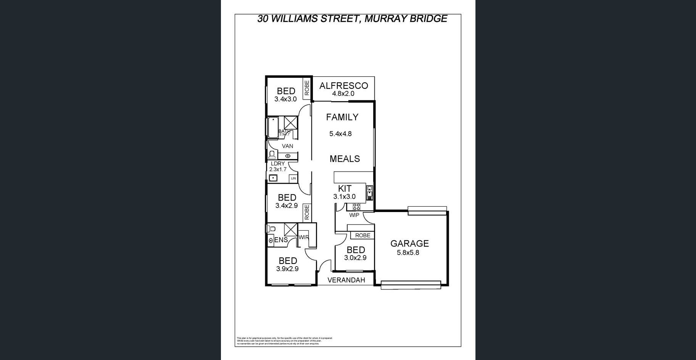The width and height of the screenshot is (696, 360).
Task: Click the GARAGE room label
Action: coord(409,243)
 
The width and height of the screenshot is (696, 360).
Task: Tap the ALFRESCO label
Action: coord(343,86)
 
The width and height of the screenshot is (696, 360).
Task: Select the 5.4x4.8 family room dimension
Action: coord(340,134)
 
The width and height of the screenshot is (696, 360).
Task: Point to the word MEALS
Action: coord(345,159)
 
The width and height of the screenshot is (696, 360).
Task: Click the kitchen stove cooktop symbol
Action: coord(356,207)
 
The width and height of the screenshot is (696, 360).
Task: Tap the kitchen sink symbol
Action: coord(369,193)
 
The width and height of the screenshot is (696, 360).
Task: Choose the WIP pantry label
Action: coord(354,215)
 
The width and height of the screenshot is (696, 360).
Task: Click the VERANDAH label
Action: coord(346,280)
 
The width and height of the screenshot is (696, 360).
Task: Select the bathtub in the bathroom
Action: coord(273,127)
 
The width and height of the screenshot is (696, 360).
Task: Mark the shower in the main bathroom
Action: coord(291,123)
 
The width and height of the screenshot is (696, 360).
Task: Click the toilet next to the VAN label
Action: coord(272,154)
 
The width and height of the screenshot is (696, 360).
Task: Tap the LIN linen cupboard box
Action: coord(293,178)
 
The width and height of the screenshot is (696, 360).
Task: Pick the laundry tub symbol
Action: coord(273,178)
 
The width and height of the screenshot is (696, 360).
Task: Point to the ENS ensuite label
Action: coord(281,240)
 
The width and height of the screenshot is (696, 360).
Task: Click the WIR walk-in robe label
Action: coord(303,237)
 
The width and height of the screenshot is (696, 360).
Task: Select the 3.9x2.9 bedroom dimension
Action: coord(287,268)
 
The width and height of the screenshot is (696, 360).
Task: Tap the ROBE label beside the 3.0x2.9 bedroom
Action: coord(362,235)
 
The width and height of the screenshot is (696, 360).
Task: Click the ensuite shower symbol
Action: coord(291,230)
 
